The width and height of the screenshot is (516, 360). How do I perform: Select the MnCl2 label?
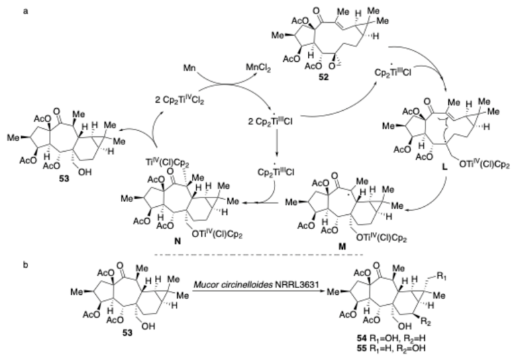(x=258, y=69)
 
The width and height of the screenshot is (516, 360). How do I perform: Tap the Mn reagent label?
(x=189, y=69)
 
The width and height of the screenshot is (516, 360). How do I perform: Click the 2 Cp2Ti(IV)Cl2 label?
(x=179, y=100)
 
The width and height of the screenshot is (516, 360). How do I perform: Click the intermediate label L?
(x=445, y=167)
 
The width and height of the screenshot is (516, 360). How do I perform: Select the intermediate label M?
(x=342, y=246)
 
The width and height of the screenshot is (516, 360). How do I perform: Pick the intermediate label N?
(x=177, y=241)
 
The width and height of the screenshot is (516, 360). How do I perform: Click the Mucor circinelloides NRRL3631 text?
(x=256, y=284)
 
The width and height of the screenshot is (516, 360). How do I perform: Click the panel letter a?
(x=25, y=11)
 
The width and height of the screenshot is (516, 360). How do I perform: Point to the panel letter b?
(x=25, y=265)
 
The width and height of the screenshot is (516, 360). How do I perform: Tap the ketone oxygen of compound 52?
(x=316, y=11)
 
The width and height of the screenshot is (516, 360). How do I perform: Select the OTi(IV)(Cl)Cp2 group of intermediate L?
(x=484, y=165)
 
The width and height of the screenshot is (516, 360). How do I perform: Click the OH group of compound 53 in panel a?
(x=85, y=171)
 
